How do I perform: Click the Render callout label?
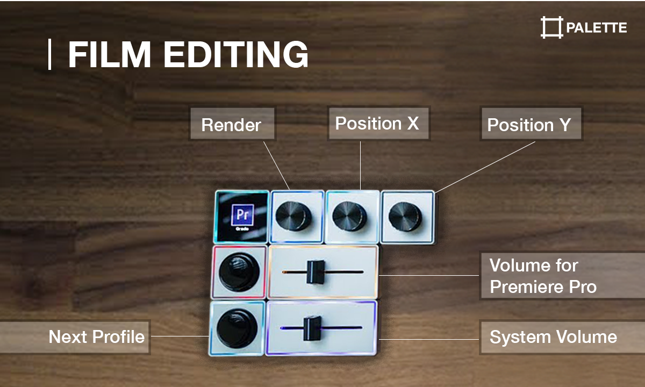[x=231, y=125]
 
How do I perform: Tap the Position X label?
[x=377, y=123]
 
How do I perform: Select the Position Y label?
[x=529, y=125]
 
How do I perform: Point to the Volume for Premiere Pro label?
[x=543, y=276]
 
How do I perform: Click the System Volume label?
[x=553, y=337]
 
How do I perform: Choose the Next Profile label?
[x=97, y=337]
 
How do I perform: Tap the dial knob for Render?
[x=293, y=215]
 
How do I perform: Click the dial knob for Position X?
[x=349, y=216]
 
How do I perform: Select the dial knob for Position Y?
[x=405, y=216]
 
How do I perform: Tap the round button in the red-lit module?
[x=238, y=273]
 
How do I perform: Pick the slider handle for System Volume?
[x=312, y=328]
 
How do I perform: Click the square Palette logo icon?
[x=551, y=27]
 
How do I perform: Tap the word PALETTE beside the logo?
[x=596, y=27]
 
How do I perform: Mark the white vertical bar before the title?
[x=50, y=54]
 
